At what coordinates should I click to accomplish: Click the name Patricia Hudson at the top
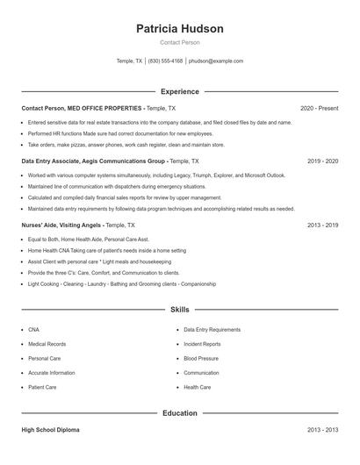pos(180,29)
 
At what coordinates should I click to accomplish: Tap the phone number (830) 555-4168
pos(165,61)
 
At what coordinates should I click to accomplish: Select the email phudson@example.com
pos(216,61)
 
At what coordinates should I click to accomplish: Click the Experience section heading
pos(180,91)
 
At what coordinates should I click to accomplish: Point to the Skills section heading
pos(180,310)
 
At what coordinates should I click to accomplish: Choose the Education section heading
pos(180,412)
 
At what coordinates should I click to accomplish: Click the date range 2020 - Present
pos(319,108)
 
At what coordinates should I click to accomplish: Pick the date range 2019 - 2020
pos(322,161)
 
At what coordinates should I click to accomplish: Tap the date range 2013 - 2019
pos(322,225)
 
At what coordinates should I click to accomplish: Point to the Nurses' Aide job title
pos(39,225)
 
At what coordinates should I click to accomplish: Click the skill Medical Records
pos(47,344)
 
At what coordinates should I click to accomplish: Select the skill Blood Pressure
pos(201,358)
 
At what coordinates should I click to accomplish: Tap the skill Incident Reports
pos(202,344)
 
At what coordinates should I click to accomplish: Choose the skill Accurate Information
pos(51,373)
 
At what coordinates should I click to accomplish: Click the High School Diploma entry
pos(50,431)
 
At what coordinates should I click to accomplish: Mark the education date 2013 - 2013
pos(322,431)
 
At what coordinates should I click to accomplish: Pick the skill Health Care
pos(197,387)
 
